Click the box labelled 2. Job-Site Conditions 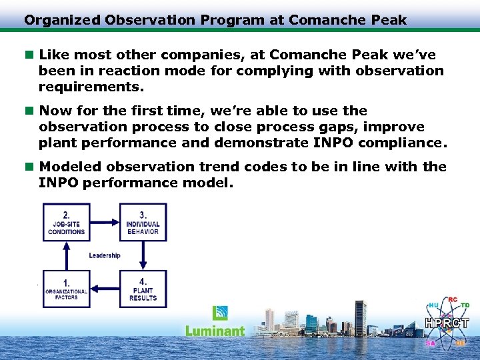[67, 223]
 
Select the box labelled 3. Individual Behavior [143, 223]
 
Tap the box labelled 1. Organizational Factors [67, 288]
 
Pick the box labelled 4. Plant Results [143, 288]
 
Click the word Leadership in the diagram [105, 255]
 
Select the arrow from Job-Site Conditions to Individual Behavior [105, 223]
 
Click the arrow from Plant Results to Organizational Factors [105, 288]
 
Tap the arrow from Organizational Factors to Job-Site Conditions [67, 255]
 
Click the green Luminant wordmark [215, 331]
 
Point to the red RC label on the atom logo [453, 300]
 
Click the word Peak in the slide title [391, 20]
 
